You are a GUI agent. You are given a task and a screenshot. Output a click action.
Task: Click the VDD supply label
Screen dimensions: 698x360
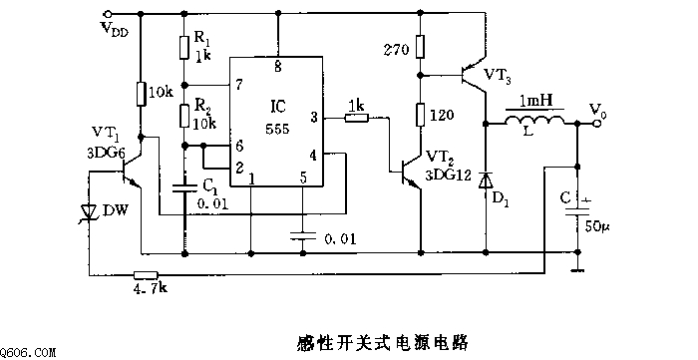[115, 29]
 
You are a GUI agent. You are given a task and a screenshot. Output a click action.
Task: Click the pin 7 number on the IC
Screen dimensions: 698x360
[239, 85]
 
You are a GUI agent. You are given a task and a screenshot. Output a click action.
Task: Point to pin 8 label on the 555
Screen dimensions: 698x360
[278, 68]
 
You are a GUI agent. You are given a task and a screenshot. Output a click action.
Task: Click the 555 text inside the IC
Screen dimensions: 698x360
[278, 129]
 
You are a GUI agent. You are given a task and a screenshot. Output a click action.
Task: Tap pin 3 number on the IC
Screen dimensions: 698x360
[314, 118]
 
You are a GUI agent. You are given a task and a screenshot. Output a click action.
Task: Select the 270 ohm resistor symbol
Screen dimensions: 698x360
[420, 47]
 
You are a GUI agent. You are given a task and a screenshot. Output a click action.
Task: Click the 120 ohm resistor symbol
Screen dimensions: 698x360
[420, 115]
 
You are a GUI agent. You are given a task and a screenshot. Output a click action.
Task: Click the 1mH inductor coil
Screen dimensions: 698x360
[534, 120]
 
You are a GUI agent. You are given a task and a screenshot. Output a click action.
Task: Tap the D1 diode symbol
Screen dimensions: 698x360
[486, 180]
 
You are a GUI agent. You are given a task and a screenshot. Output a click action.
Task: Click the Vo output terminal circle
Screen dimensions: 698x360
[597, 124]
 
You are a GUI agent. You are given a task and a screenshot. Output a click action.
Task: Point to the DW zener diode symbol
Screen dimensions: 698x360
[89, 212]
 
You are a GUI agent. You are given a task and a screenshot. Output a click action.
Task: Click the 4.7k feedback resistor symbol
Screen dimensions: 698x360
[146, 274]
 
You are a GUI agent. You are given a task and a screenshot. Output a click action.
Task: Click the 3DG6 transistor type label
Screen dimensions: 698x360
[106, 154]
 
